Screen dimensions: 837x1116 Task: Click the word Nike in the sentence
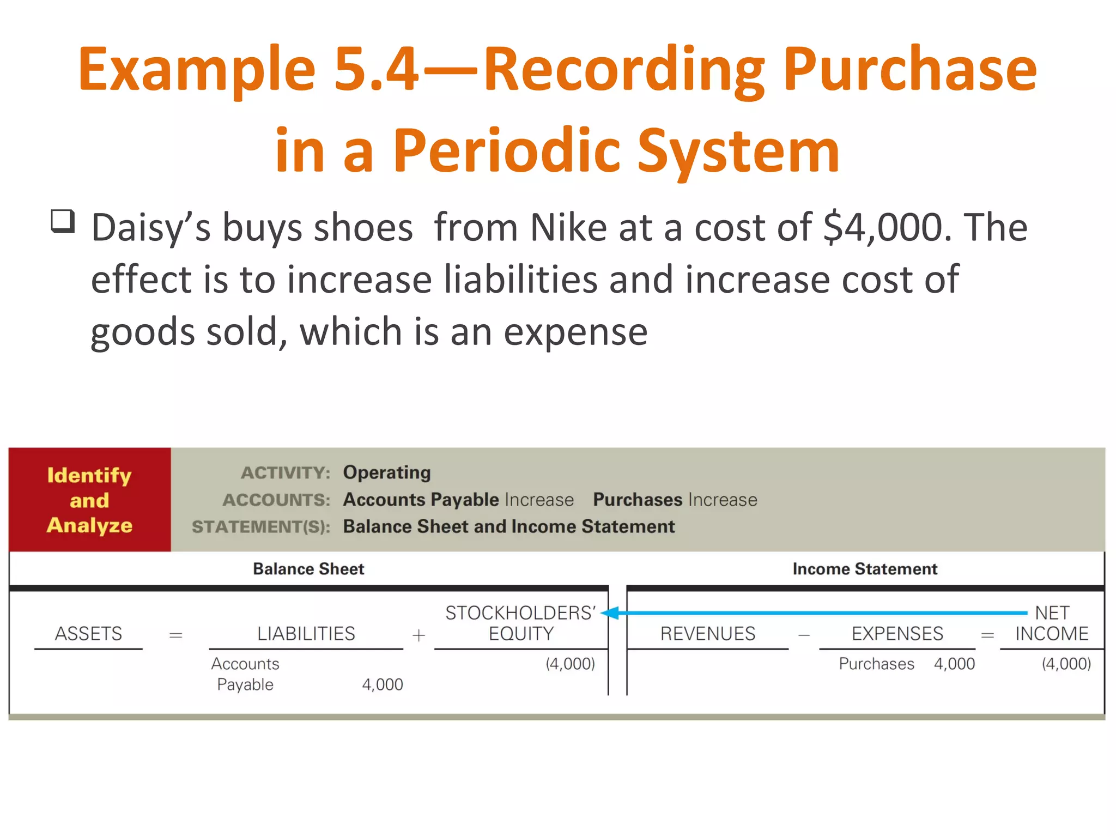[568, 227]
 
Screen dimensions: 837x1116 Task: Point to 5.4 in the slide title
[376, 69]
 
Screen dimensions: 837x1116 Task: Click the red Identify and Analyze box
[90, 500]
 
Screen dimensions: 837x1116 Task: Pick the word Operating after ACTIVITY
[386, 472]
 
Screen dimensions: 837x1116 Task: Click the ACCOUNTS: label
[276, 500]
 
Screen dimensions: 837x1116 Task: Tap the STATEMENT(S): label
[261, 527]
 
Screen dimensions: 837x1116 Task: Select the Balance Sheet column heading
[308, 569]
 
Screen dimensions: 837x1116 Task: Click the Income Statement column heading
[865, 569]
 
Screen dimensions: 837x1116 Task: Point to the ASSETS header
[88, 634]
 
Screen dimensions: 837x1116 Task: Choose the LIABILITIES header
[306, 634]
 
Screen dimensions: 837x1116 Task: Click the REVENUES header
[708, 634]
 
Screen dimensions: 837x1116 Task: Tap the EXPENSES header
[897, 634]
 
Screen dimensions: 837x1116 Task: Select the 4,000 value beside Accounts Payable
[383, 684]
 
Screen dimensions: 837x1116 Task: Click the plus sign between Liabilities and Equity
[418, 635]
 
